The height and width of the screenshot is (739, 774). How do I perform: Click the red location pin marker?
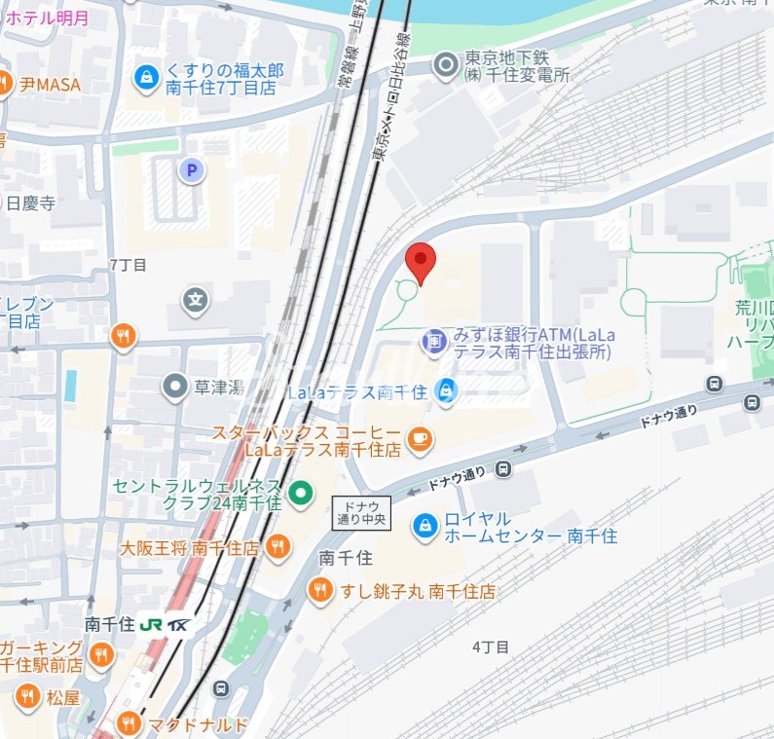420,261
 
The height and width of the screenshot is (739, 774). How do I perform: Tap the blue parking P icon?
192,171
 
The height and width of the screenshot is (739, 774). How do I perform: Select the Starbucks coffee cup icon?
420,440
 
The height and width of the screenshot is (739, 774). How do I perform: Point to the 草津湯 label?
214,388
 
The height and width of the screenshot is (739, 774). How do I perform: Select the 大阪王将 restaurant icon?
277,547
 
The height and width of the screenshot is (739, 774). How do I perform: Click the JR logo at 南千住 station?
151,624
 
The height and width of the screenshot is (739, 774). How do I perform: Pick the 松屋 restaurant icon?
27,697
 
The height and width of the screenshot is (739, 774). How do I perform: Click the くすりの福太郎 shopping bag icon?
146,78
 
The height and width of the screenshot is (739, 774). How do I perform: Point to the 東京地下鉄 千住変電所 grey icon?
446,65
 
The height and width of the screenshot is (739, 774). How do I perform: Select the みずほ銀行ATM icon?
433,342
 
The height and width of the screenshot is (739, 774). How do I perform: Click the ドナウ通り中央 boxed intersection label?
361,513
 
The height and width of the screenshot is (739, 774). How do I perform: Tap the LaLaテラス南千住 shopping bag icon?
446,391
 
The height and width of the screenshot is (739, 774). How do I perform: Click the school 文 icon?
197,298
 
